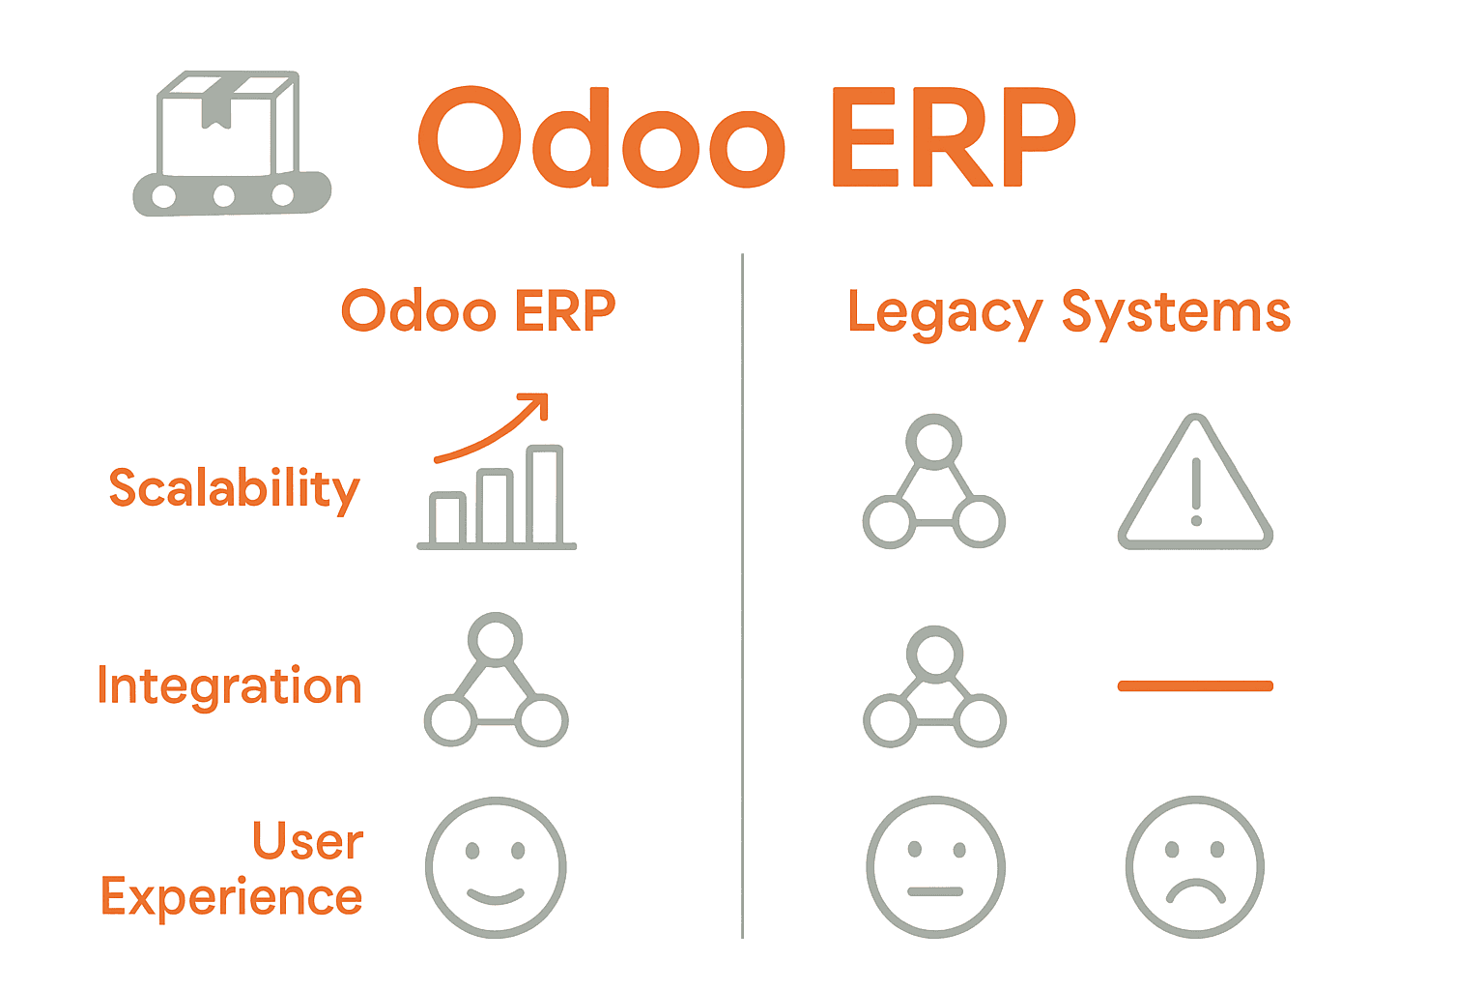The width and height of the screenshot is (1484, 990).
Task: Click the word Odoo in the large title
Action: [601, 137]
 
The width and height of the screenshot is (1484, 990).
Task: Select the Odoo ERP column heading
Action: [478, 311]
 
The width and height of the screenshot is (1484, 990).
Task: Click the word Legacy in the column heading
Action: [944, 313]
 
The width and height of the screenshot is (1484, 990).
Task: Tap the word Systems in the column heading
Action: [1176, 313]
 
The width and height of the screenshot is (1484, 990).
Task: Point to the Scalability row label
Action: [234, 489]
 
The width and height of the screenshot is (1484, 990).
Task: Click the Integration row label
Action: [230, 686]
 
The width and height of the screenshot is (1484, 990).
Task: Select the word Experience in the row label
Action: [232, 897]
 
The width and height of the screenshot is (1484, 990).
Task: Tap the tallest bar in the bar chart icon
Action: [546, 495]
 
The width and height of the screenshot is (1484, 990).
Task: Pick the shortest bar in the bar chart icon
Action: [448, 519]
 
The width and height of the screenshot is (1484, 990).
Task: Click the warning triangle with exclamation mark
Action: [1195, 488]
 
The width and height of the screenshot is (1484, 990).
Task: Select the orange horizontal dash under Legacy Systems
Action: [1195, 686]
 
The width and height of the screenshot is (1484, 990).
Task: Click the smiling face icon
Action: [496, 867]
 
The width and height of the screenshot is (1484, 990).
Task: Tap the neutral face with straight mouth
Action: [935, 867]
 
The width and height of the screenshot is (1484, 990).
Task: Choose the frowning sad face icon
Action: [1195, 867]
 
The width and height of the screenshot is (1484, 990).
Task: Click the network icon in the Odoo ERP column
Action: [496, 682]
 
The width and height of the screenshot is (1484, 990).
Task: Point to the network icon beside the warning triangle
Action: [934, 483]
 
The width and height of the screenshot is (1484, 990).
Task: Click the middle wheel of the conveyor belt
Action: [224, 196]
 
